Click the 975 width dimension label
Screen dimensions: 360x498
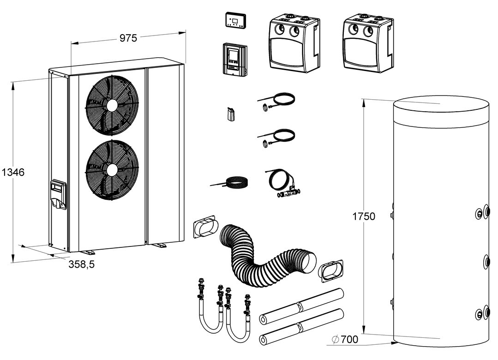pyautogui.click(x=128, y=38)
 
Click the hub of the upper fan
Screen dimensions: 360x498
pyautogui.click(x=111, y=105)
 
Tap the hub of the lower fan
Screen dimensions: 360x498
pyautogui.click(x=111, y=169)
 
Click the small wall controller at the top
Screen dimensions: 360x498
pyautogui.click(x=235, y=20)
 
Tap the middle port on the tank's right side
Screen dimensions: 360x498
pyautogui.click(x=486, y=262)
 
